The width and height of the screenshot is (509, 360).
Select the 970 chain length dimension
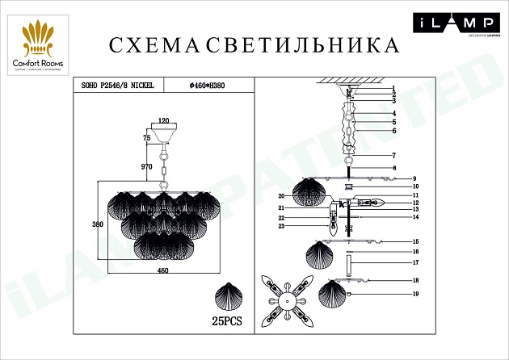146,166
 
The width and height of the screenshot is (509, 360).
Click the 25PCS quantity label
229,320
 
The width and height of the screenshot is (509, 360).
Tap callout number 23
282,227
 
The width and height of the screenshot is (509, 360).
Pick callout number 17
414,263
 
